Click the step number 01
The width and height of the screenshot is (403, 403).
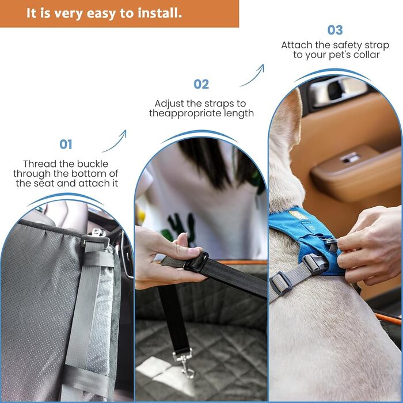(66, 144)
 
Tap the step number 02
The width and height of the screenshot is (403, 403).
(201, 84)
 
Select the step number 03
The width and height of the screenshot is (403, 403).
(335, 30)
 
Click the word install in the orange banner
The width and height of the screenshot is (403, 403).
(159, 13)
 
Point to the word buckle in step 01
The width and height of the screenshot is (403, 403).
(93, 164)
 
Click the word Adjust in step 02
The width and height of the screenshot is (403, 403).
(169, 104)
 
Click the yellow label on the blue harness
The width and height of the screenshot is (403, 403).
(298, 215)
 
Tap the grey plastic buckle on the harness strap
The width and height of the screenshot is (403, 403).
(314, 264)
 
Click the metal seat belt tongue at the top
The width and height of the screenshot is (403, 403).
(98, 233)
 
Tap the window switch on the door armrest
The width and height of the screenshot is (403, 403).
(349, 158)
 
